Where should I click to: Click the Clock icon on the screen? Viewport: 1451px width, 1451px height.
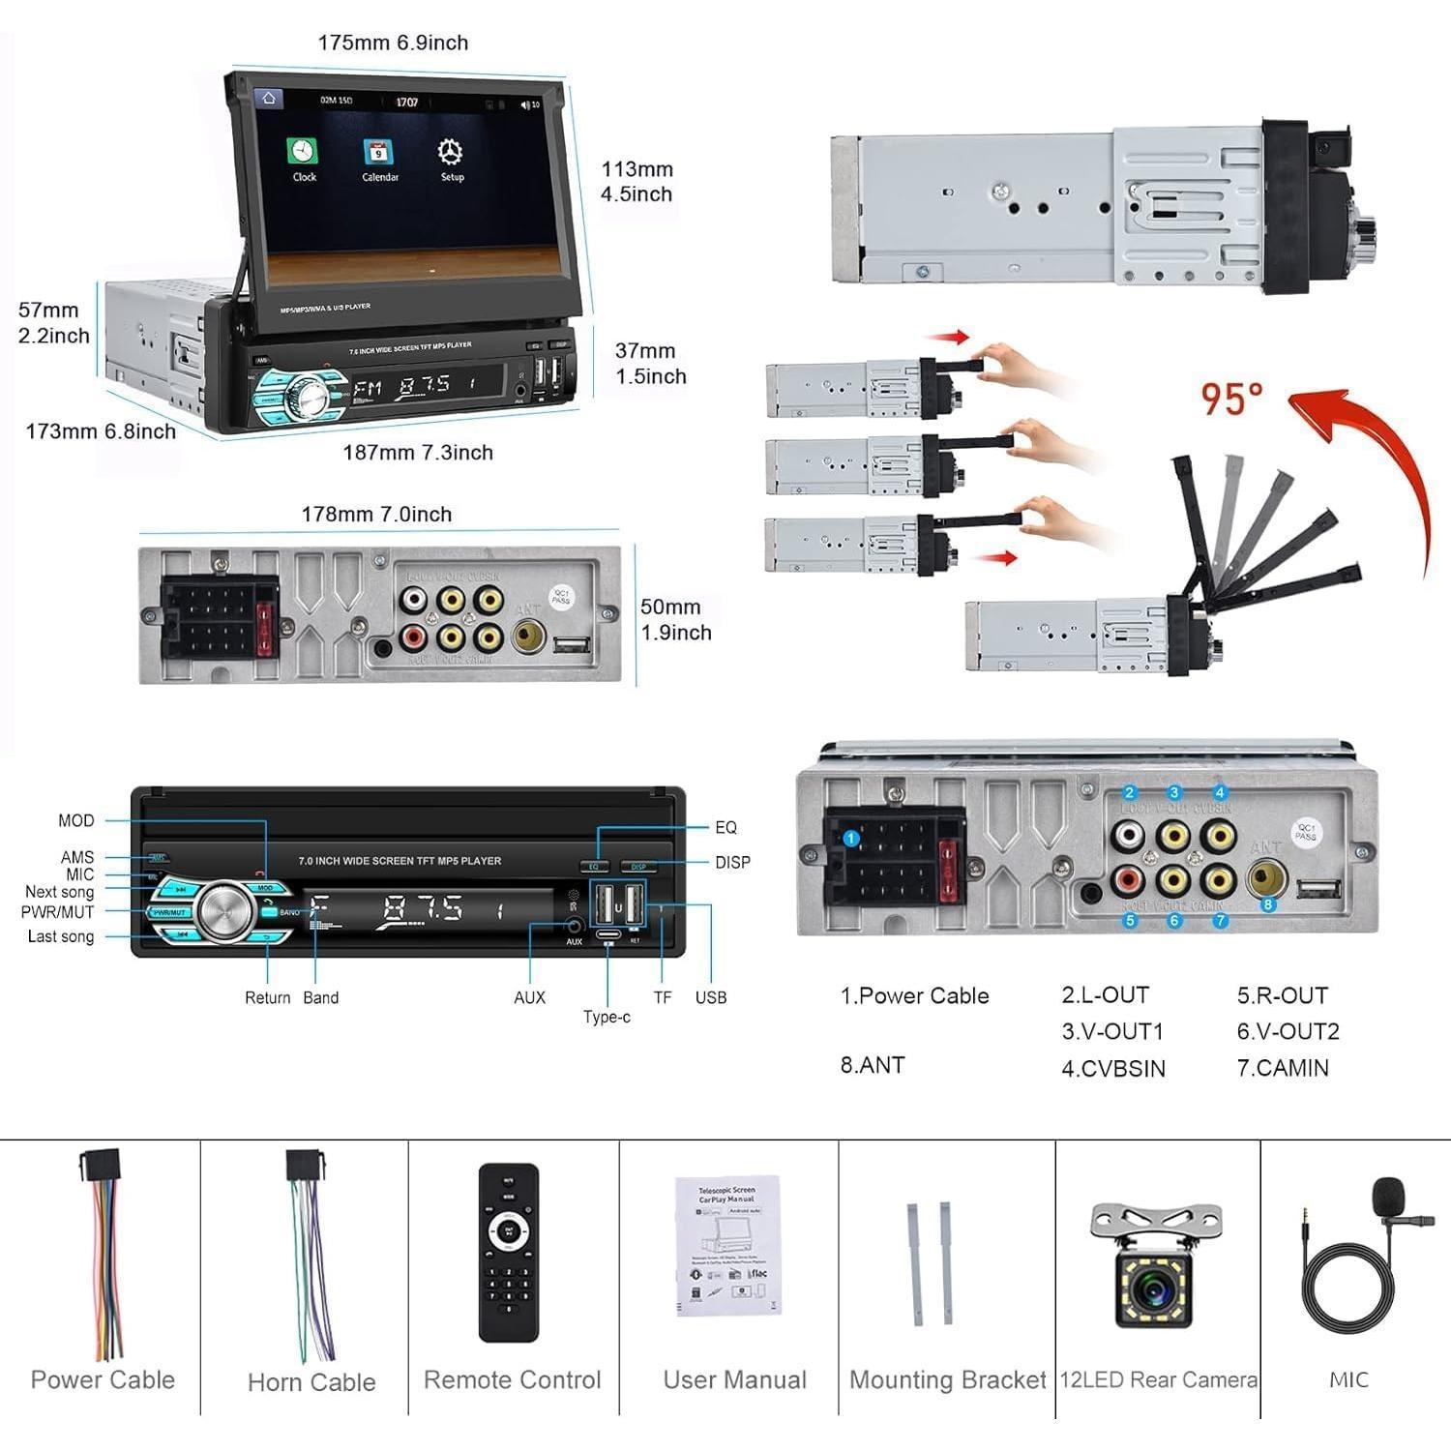pyautogui.click(x=302, y=154)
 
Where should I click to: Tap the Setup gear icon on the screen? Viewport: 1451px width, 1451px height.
pyautogui.click(x=450, y=153)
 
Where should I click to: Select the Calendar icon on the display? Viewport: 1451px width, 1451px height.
pyautogui.click(x=377, y=154)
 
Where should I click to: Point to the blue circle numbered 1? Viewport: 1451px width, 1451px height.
pyautogui.click(x=850, y=839)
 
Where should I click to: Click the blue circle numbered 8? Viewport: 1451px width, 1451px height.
pyautogui.click(x=1268, y=905)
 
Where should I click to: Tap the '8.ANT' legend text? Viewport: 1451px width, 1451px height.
pyautogui.click(x=872, y=1065)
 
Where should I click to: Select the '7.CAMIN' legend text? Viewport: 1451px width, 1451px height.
pyautogui.click(x=1282, y=1068)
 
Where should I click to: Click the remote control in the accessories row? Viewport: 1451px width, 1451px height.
pyautogui.click(x=509, y=1252)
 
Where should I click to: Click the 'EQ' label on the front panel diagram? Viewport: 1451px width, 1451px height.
pyautogui.click(x=725, y=827)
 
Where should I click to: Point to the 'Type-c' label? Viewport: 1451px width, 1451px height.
pyautogui.click(x=607, y=1017)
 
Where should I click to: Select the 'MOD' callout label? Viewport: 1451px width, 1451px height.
pyautogui.click(x=76, y=821)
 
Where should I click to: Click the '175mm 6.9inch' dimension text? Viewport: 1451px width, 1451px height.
pyautogui.click(x=393, y=43)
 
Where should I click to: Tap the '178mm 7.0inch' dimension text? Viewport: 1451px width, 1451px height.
pyautogui.click(x=376, y=515)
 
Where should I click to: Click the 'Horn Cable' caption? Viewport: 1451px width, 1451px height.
pyautogui.click(x=311, y=1382)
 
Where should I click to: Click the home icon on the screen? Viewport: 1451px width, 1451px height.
pyautogui.click(x=268, y=98)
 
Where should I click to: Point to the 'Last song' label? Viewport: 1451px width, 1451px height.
pyautogui.click(x=61, y=936)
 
